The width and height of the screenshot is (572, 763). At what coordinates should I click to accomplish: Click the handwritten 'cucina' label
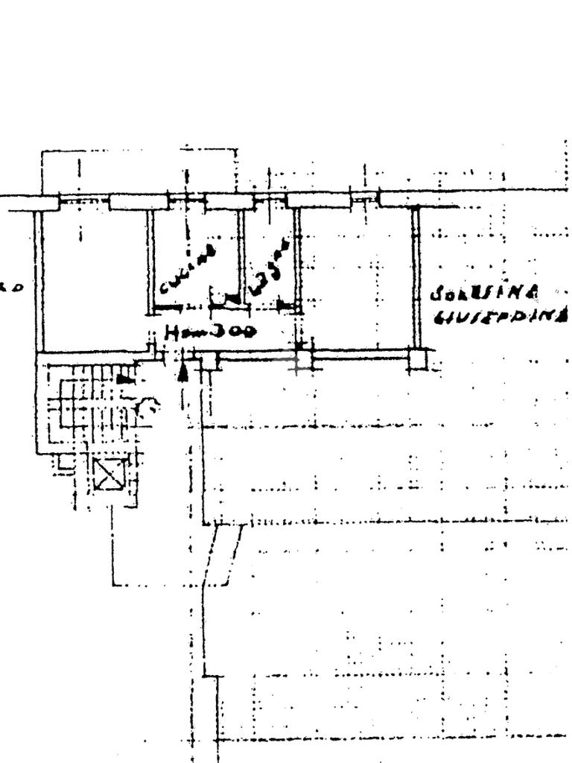pos(187,269)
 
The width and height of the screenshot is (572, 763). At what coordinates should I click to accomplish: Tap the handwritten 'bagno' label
pos(269,267)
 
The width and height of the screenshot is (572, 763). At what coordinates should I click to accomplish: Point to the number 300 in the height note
pos(232,331)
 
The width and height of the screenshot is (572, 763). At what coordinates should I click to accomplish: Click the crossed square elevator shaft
pos(109,474)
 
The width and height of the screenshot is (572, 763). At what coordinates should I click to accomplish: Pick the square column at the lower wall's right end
pos(418,359)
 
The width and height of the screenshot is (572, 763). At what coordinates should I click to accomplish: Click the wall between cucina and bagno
pos(241,253)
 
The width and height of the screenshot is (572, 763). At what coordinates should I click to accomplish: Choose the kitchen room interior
pos(195,238)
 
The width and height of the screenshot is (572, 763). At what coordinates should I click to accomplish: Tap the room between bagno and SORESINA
pos(356,276)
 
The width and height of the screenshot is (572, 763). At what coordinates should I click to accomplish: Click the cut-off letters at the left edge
pos(10,287)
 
